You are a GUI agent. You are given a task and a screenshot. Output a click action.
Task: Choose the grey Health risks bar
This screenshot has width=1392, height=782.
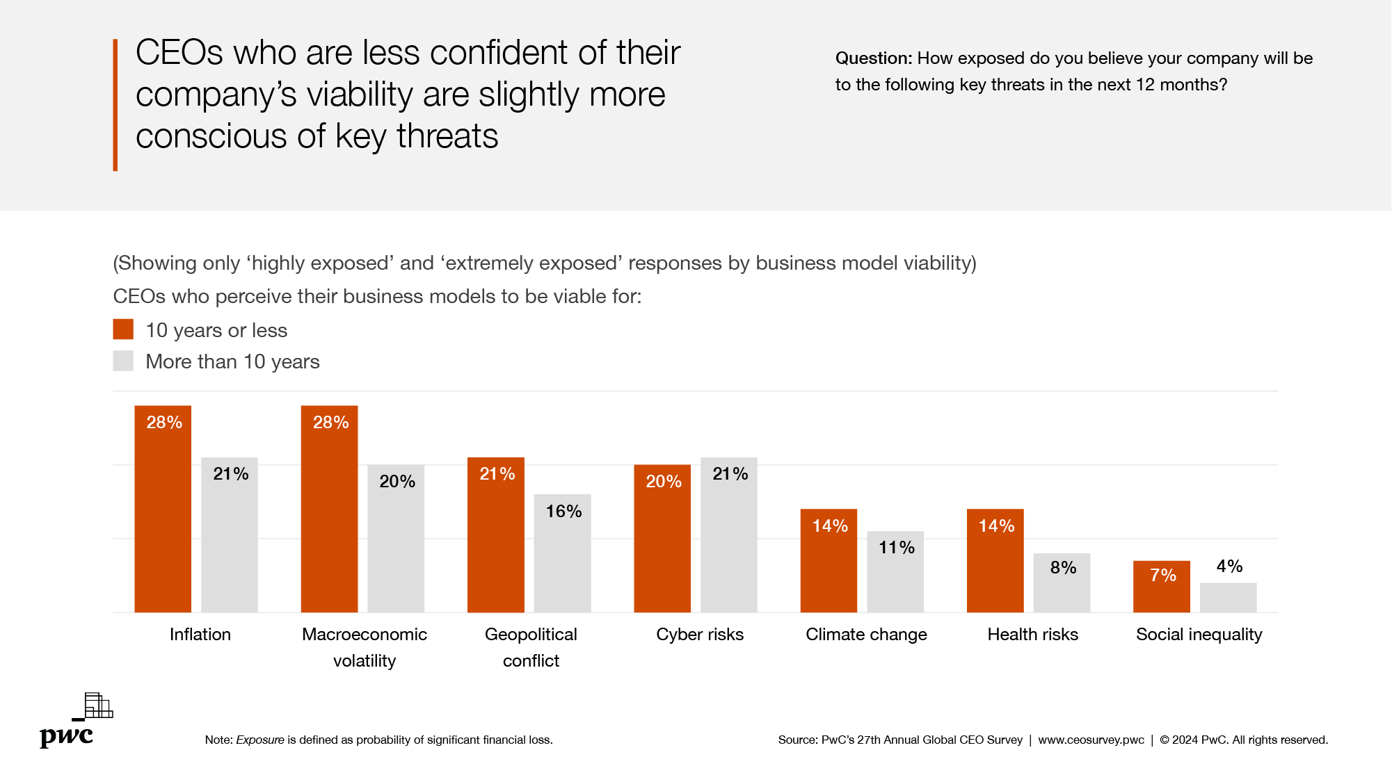[x=1062, y=583]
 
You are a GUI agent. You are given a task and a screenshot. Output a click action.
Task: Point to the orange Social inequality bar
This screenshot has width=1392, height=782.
[x=1161, y=587]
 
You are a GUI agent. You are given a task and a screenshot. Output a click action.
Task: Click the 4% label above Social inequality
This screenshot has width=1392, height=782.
[x=1229, y=567]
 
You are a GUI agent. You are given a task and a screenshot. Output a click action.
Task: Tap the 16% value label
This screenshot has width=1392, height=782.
[x=563, y=512]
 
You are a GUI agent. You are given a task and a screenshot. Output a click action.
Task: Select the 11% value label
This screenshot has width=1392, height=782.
[x=896, y=548]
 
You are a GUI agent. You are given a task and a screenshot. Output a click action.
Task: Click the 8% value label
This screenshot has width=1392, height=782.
[x=1063, y=568]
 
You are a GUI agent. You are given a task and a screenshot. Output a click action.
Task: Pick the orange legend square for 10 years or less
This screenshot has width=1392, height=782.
[x=123, y=329]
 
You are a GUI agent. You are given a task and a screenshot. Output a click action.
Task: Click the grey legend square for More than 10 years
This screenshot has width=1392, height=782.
[x=123, y=361]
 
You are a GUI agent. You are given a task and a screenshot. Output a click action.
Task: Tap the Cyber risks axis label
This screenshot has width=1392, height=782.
[x=700, y=635]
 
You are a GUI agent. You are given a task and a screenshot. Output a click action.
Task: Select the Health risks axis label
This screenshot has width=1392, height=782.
[x=1032, y=635]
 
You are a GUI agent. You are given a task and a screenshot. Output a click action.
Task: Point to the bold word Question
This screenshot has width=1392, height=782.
[x=873, y=58]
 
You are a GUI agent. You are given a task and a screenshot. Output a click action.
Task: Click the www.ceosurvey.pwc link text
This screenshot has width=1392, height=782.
[x=1091, y=740]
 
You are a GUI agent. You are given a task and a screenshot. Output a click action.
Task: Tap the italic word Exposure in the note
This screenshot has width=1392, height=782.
[x=260, y=740]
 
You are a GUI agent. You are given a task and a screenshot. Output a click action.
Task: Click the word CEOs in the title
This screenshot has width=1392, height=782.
[x=179, y=53]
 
